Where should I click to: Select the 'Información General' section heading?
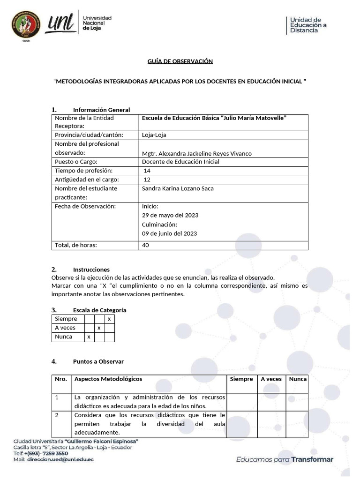point(101,110)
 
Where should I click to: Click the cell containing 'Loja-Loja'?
point(154,135)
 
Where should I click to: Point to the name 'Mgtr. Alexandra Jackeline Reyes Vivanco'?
point(196,153)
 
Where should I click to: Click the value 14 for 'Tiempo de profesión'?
point(147,171)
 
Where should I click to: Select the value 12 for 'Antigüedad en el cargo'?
point(147,180)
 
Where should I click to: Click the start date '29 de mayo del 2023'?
point(170,215)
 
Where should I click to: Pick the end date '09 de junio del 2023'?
point(169,233)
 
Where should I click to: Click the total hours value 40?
point(145,245)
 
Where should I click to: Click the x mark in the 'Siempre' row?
point(109,319)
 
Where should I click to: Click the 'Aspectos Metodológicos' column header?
point(108,379)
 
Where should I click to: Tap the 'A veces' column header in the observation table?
point(271,379)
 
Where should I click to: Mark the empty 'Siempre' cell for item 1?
point(241,401)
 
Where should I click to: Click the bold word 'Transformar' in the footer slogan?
point(312,459)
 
